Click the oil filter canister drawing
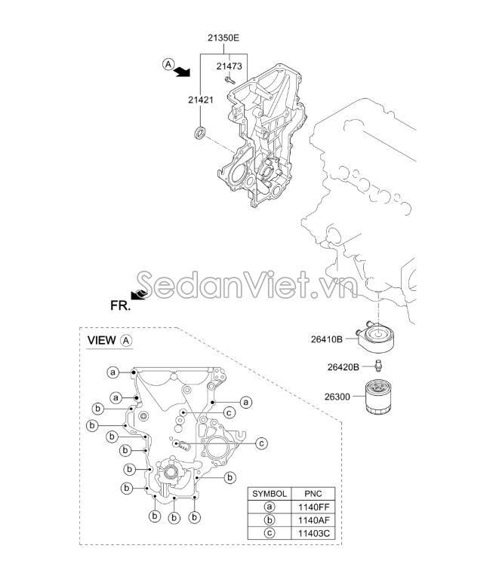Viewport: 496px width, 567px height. [x=376, y=398]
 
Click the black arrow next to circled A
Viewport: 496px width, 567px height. [x=182, y=72]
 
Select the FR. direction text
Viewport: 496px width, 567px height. [x=121, y=306]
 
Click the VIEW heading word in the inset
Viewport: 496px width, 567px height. [x=102, y=340]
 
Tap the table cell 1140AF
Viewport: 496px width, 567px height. [x=308, y=519]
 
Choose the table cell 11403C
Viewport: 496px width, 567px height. [x=308, y=533]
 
